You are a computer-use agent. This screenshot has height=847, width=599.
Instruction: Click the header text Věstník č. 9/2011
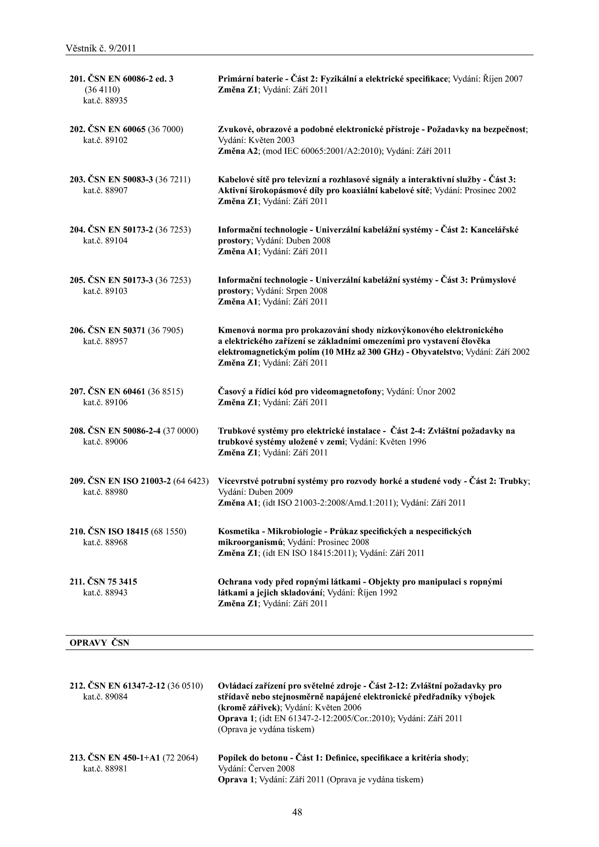pyautogui.click(x=100, y=48)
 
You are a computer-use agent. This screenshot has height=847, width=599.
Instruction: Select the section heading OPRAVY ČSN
pyautogui.click(x=99, y=643)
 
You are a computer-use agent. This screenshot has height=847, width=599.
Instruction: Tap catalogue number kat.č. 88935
pyautogui.click(x=105, y=101)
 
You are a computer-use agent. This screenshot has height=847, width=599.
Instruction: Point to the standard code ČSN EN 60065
pyautogui.click(x=116, y=130)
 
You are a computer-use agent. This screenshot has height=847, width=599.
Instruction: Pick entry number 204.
pyautogui.click(x=77, y=230)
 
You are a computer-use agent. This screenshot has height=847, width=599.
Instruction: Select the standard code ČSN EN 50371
pyautogui.click(x=116, y=330)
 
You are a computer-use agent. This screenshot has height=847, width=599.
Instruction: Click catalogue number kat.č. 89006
pyautogui.click(x=105, y=442)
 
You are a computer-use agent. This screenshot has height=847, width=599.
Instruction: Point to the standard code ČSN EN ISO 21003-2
pyautogui.click(x=129, y=481)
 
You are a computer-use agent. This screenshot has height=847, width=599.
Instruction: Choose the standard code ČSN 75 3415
pyautogui.click(x=112, y=582)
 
